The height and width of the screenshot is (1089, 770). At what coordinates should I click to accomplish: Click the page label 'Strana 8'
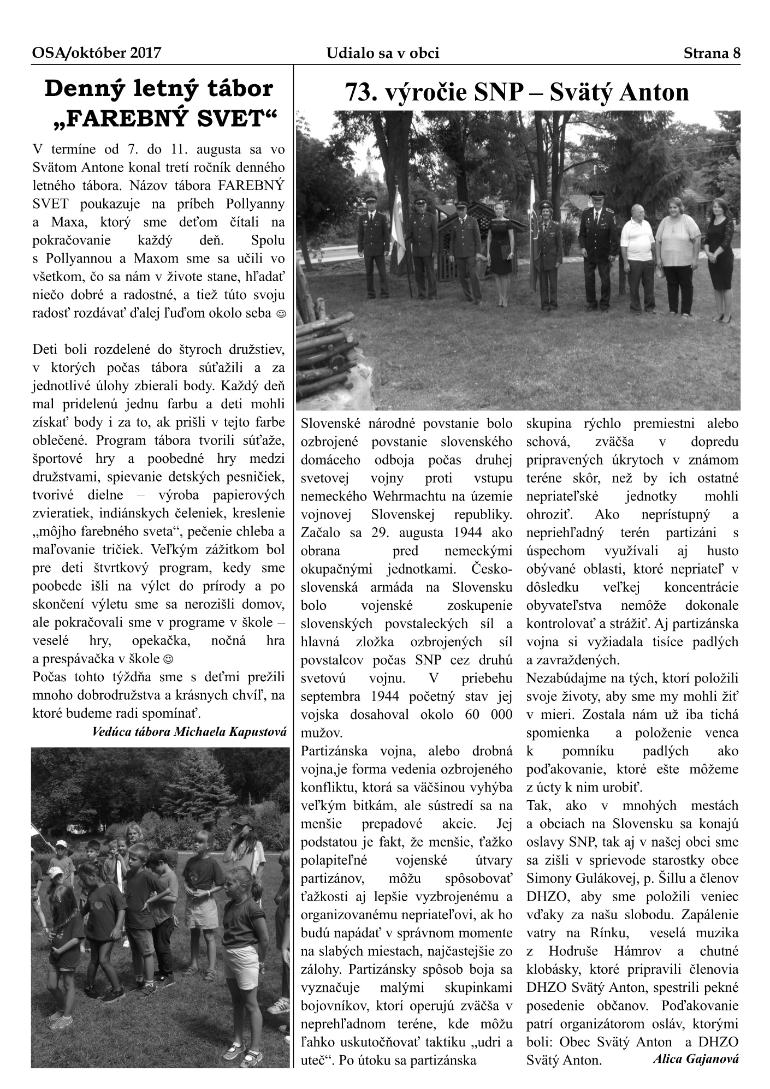[x=712, y=53]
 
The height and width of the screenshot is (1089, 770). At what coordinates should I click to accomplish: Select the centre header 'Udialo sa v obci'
[x=383, y=53]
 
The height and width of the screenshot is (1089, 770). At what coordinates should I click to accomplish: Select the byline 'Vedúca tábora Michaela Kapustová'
[x=189, y=731]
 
